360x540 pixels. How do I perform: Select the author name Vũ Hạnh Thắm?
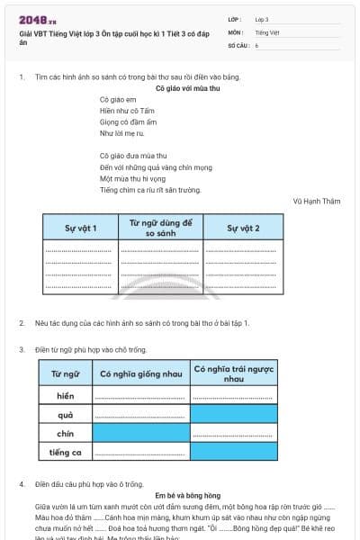tap(317, 202)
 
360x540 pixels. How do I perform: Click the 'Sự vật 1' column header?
tap(81, 228)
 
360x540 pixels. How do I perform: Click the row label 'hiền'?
tap(65, 395)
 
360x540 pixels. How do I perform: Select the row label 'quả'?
tap(65, 414)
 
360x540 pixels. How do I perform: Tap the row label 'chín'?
tap(65, 433)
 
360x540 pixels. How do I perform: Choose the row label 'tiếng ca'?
tap(65, 452)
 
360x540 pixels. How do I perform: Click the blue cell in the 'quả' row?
tap(234, 414)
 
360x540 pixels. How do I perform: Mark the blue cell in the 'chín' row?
tap(141, 433)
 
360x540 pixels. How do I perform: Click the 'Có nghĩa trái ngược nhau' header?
tap(234, 373)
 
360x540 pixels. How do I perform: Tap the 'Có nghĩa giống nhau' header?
tap(141, 373)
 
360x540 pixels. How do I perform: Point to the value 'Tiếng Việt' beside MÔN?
tap(267, 31)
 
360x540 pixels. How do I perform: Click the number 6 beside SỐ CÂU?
tap(256, 44)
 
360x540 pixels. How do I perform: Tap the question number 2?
tap(22, 322)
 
